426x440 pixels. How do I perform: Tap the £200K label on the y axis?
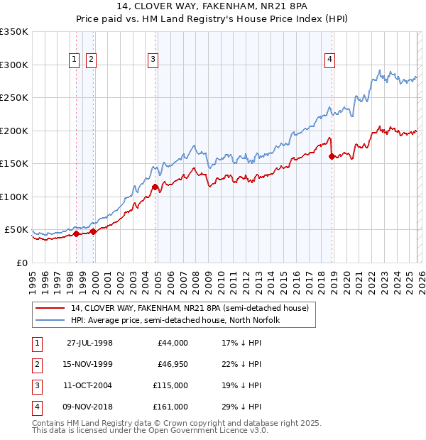14,131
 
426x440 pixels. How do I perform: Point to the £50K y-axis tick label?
16,230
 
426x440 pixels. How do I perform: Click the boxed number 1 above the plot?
75,60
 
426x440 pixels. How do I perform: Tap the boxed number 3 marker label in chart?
153,60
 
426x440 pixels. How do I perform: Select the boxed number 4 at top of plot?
330,60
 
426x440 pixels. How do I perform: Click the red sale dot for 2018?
332,157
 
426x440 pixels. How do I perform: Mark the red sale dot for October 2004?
155,187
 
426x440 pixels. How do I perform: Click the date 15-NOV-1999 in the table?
89,364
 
